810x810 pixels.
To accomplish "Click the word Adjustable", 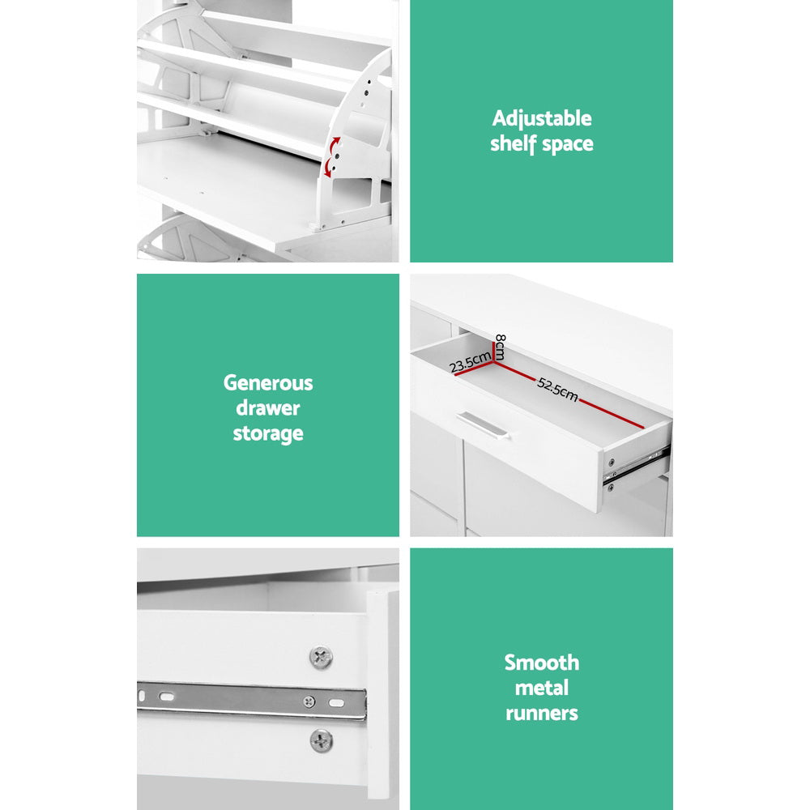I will tap(542, 119).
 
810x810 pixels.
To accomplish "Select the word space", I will tap(567, 145).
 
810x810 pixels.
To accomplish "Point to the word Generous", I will tap(267, 382).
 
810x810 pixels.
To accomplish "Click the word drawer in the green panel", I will tap(267, 407).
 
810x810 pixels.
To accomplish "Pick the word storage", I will tap(267, 433).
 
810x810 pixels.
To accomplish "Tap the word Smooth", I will tap(542, 663).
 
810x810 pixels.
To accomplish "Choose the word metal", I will tap(542, 688).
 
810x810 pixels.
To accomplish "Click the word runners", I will tap(542, 713).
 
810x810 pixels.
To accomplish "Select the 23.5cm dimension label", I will tap(471, 362).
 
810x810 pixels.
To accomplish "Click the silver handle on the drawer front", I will tap(482, 425).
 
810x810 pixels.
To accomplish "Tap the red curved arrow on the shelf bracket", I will tap(331, 156).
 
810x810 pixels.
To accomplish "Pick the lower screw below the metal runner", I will tap(322, 739).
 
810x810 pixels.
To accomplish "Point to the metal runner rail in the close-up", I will tap(243, 698).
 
